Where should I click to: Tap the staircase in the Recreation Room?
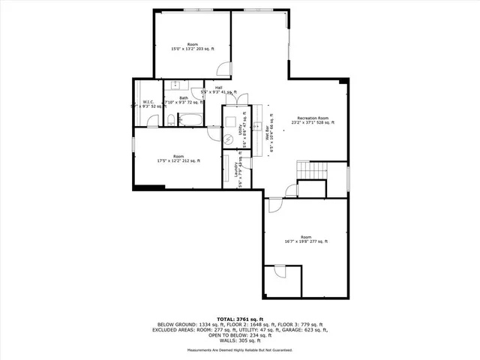[x=313, y=170]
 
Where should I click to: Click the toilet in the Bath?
[x=170, y=120]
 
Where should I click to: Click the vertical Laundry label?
[x=238, y=171]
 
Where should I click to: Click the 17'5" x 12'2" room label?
[x=178, y=158]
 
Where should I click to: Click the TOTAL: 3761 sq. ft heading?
[x=239, y=319]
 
